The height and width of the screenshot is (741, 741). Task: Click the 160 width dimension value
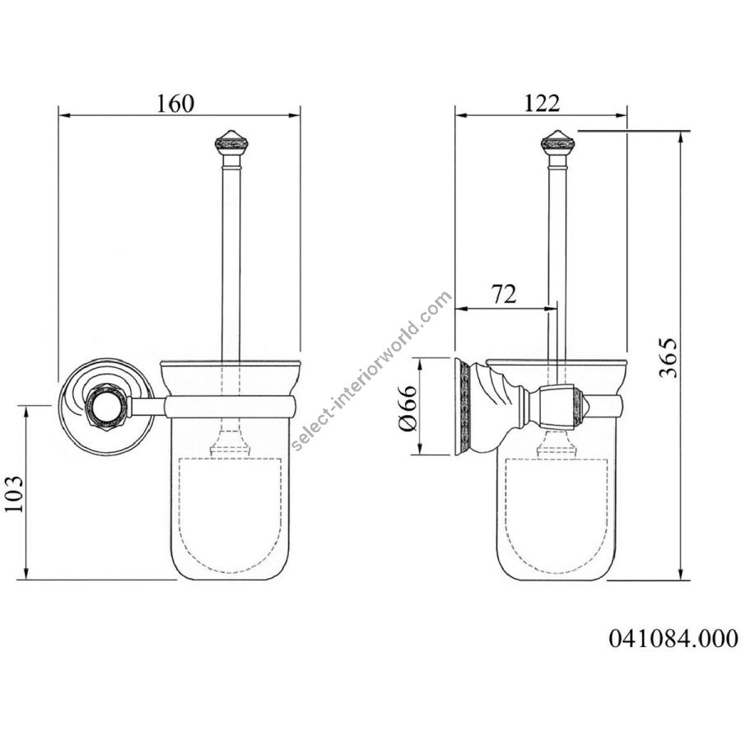tap(175, 104)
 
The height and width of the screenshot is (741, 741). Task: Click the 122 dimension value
tap(541, 104)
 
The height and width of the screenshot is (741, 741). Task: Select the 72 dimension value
tap(504, 295)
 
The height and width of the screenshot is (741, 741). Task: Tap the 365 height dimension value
tap(668, 358)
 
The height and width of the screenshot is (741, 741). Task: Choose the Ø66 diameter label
tap(408, 408)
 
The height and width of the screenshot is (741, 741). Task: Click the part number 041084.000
tap(673, 638)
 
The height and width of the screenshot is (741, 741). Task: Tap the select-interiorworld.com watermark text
tap(372, 371)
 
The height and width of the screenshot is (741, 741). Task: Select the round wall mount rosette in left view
tap(107, 407)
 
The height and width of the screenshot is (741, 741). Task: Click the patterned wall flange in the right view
tap(461, 407)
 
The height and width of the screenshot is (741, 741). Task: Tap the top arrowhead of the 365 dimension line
tap(681, 137)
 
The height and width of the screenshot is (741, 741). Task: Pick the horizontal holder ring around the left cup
tap(231, 407)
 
